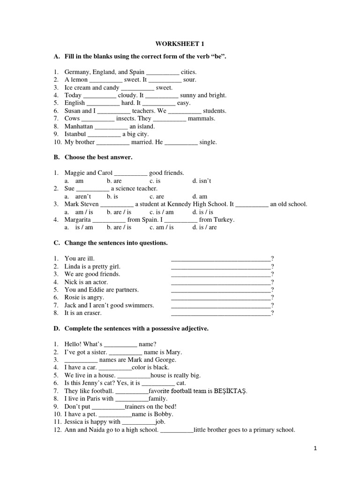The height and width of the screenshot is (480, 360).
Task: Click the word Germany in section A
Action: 77,72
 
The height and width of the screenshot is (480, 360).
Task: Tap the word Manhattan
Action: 79,127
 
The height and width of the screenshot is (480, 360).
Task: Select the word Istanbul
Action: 75,134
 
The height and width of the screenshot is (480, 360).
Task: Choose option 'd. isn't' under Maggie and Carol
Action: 202,181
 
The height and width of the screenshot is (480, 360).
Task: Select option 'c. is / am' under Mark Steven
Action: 161,212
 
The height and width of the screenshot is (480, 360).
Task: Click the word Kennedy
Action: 187,204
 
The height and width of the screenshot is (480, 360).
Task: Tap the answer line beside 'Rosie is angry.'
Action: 221,298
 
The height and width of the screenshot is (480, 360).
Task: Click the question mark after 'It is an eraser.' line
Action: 272,313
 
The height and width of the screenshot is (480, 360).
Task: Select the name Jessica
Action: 75,422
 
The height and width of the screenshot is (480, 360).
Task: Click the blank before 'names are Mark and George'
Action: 81,360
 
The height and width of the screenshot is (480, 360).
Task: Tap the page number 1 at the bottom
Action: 316,449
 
